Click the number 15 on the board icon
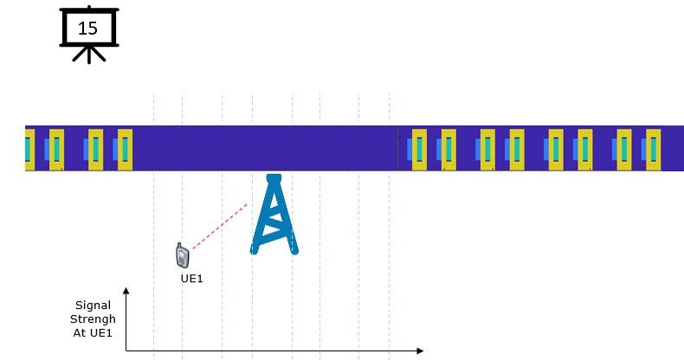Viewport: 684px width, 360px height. [87, 29]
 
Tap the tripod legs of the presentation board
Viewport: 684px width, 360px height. [89, 55]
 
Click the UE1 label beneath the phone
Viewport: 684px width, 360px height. [192, 279]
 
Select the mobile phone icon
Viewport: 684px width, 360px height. [183, 255]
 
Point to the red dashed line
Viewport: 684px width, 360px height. [220, 226]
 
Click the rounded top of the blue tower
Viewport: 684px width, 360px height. [274, 178]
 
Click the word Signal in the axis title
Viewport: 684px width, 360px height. [93, 305]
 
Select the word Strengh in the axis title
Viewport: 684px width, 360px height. [93, 319]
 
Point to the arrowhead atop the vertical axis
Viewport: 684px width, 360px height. [126, 290]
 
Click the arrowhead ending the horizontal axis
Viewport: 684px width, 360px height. [420, 350]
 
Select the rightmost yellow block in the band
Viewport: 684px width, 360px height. [654, 150]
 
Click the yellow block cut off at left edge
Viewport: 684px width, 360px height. [29, 150]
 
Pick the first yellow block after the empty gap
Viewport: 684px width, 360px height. [420, 150]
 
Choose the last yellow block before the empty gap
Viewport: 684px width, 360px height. [125, 150]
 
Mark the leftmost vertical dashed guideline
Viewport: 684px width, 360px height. [153, 226]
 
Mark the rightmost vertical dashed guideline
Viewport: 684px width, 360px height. [389, 226]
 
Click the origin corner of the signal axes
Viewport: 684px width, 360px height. [126, 350]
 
